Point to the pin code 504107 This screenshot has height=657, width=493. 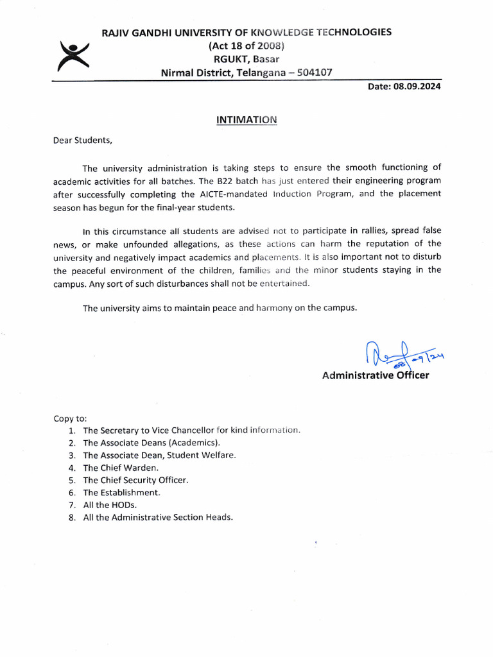311,73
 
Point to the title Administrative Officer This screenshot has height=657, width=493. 376,375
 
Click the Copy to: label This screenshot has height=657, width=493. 70,418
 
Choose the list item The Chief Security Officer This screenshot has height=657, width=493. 135,480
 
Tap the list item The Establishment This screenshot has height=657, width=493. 121,492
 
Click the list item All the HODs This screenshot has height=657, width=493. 110,505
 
